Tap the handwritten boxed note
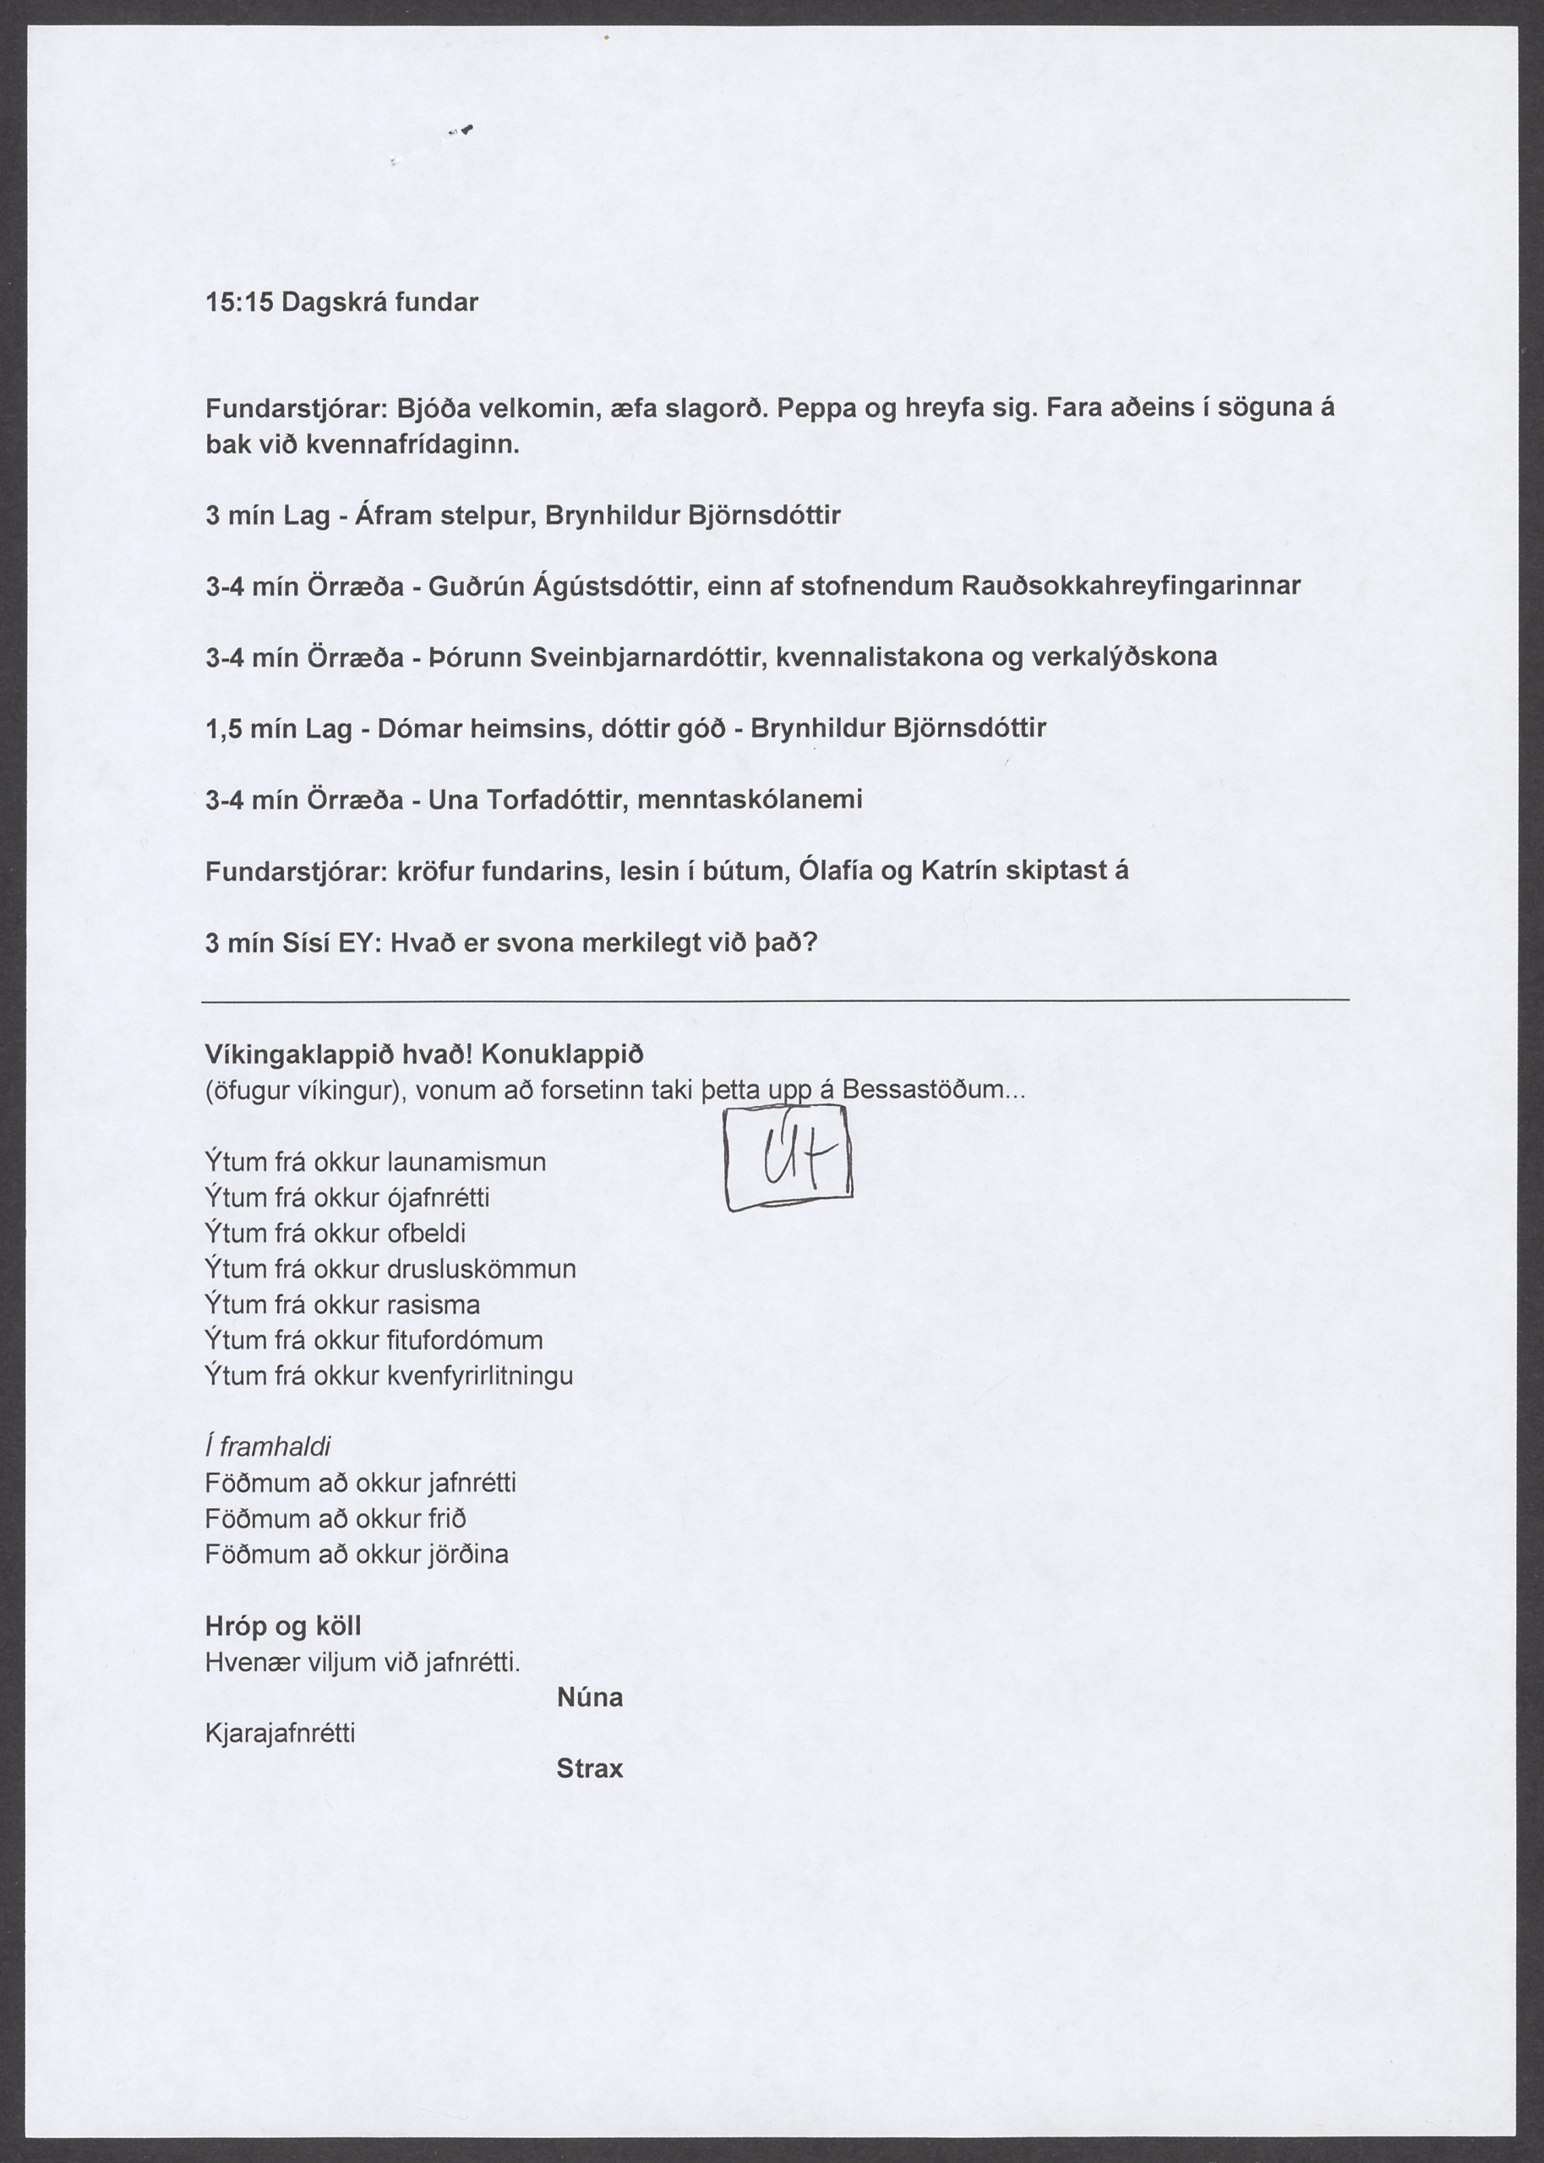click(788, 1166)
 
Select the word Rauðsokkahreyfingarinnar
click(1132, 586)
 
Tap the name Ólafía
click(837, 870)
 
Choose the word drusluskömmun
click(482, 1269)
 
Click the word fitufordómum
click(465, 1340)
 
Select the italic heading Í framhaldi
click(268, 1447)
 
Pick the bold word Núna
click(590, 1697)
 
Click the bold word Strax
click(590, 1768)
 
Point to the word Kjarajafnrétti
click(281, 1734)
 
